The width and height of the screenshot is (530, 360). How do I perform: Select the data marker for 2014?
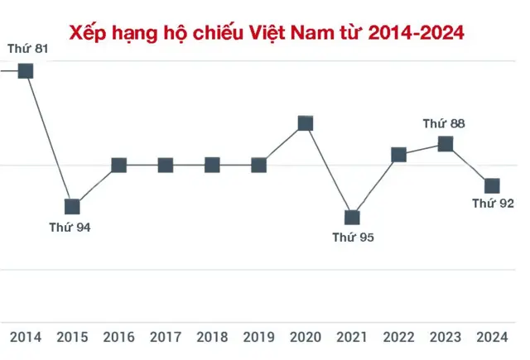(26, 70)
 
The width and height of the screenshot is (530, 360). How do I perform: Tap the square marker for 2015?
(72, 206)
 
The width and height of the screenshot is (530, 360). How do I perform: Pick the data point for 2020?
(305, 123)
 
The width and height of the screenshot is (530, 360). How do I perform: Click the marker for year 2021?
(352, 217)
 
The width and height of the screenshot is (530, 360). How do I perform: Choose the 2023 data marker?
(446, 144)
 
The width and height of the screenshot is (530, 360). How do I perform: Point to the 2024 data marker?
(492, 185)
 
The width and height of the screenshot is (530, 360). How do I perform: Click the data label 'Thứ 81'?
(27, 49)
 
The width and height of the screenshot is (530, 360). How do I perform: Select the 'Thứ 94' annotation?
(70, 228)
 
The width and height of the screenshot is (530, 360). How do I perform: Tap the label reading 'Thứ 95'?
(354, 238)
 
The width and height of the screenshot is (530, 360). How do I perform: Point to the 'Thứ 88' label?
(444, 123)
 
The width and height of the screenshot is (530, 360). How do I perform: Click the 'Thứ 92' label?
(494, 203)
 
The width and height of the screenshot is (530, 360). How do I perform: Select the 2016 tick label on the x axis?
(119, 337)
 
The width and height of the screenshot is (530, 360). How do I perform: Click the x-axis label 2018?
(212, 337)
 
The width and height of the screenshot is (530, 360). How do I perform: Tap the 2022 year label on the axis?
(399, 337)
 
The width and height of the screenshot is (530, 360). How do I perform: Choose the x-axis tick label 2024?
(492, 337)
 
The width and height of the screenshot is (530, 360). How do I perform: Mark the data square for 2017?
(166, 165)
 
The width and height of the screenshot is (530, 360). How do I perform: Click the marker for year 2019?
(258, 165)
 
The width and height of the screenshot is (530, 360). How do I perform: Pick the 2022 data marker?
(398, 154)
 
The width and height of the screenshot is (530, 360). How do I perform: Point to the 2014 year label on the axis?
(26, 337)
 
